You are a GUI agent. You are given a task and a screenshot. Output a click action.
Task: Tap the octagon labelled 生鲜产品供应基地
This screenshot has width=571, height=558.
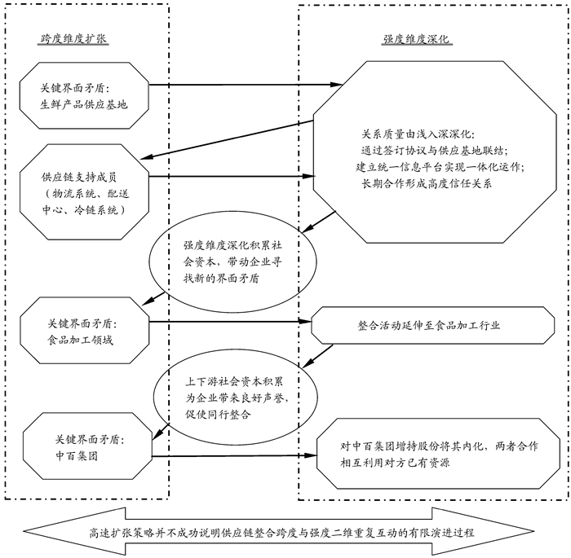84,94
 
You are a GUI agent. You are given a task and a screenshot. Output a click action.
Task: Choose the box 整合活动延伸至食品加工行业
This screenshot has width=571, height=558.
428,325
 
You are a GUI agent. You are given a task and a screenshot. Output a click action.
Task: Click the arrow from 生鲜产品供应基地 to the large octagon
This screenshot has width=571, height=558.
245,84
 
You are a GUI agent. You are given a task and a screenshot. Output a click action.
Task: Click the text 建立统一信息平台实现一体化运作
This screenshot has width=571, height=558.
441,167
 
